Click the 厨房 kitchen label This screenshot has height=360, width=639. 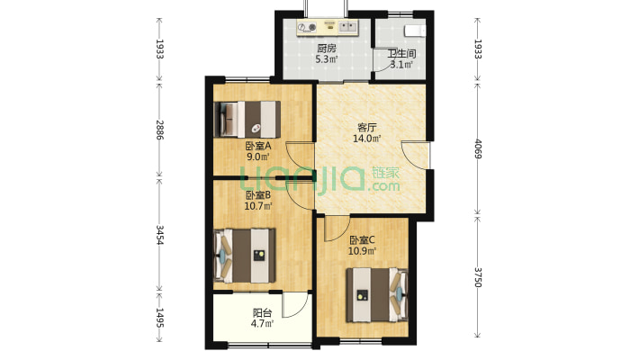pyautogui.click(x=327, y=49)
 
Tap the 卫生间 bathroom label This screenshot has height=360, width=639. pyautogui.click(x=401, y=53)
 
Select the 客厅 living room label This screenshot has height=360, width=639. pyautogui.click(x=366, y=128)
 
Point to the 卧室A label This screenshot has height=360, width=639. pyautogui.click(x=258, y=146)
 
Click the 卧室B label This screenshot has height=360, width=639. pyautogui.click(x=258, y=195)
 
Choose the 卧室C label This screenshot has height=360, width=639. pyautogui.click(x=362, y=240)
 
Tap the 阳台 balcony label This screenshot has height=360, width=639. pyautogui.click(x=262, y=313)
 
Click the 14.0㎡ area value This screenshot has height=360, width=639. pyautogui.click(x=366, y=139)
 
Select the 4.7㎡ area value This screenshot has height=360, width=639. pyautogui.click(x=262, y=324)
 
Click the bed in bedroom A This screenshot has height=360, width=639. pyautogui.click(x=247, y=119)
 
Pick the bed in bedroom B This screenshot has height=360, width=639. pyautogui.click(x=245, y=256)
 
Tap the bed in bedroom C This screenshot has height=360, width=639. pyautogui.click(x=377, y=294)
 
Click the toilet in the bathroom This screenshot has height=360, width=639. pyautogui.click(x=415, y=31)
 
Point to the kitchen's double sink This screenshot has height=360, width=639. pyautogui.click(x=347, y=27)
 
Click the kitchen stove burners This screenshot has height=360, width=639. pyautogui.click(x=307, y=27)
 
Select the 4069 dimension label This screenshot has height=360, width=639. pyautogui.click(x=478, y=149)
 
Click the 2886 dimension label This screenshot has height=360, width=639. pyautogui.click(x=159, y=130)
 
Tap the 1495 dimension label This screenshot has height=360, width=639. pyautogui.click(x=159, y=318)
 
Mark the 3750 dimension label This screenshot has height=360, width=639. pyautogui.click(x=478, y=277)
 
